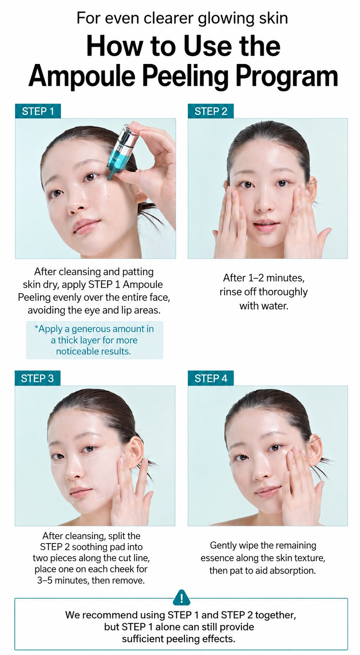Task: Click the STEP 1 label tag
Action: pos(38,111)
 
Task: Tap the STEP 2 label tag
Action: pos(211,111)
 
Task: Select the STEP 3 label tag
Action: pos(38,378)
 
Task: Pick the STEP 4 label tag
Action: pos(211,378)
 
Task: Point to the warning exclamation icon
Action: pos(182,598)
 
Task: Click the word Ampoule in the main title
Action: pos(82,77)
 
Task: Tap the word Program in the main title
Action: pos(287,77)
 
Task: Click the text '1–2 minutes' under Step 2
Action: pos(276,278)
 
